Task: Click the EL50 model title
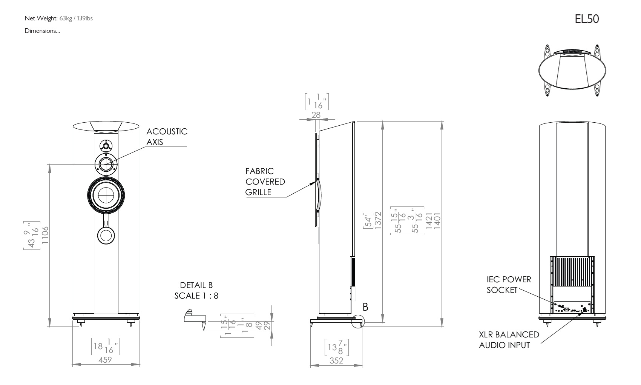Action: point(587,19)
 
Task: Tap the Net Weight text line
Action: point(58,18)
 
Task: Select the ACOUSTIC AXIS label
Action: point(167,137)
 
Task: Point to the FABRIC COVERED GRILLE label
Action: point(265,182)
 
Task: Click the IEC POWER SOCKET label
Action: point(509,285)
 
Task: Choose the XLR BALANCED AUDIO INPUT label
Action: point(509,340)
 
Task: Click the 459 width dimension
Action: point(105,360)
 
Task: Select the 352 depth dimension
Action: point(336,360)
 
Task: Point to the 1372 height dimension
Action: point(378,220)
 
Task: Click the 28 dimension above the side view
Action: point(316,115)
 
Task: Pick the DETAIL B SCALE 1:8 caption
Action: point(196,290)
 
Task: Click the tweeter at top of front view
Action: point(106,146)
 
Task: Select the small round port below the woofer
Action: point(106,235)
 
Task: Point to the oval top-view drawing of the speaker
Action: point(572,71)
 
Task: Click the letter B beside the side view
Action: point(365,307)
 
